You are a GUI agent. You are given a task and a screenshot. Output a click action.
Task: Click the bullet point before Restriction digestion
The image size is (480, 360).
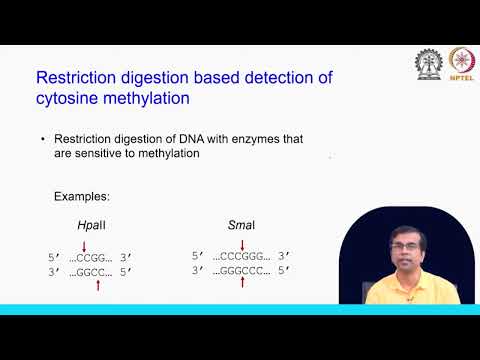tap(43, 138)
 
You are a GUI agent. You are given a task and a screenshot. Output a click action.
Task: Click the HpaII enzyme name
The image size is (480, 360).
tap(91, 226)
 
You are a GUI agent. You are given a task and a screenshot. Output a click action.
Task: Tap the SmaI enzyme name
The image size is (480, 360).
tap(244, 226)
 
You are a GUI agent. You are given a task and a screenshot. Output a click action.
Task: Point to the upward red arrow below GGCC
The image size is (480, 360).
tap(97, 286)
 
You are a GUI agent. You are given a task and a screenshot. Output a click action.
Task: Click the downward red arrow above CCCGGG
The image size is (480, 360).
tap(244, 243)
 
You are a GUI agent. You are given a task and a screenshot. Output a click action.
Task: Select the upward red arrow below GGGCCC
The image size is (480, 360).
tap(244, 283)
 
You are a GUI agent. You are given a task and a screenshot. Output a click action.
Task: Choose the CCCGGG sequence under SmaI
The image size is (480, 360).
tap(244, 255)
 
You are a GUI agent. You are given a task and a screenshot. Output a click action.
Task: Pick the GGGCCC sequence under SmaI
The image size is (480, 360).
tap(244, 269)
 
